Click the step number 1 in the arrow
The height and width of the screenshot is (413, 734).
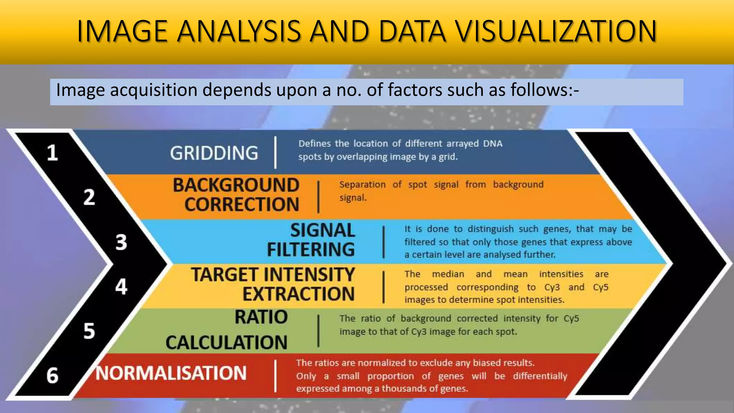(53, 153)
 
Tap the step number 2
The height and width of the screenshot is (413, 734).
(89, 198)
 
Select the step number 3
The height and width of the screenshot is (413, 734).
(121, 242)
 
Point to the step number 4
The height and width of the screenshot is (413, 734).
(121, 287)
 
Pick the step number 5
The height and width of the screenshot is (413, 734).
(89, 331)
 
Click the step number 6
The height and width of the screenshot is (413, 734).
(53, 376)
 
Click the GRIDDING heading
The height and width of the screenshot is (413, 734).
(214, 153)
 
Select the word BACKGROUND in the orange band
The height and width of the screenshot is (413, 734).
(236, 185)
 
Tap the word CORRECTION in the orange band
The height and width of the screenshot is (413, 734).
(242, 205)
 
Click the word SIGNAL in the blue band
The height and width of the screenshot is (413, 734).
(323, 230)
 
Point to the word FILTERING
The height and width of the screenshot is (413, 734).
(311, 250)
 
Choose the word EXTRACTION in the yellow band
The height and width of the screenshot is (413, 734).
(299, 294)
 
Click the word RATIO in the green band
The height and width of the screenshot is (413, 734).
(261, 317)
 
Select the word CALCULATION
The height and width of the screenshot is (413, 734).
(227, 342)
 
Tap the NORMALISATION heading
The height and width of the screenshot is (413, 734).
(171, 373)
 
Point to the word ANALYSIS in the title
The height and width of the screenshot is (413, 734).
(238, 31)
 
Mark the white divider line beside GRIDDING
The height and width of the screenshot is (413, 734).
(275, 152)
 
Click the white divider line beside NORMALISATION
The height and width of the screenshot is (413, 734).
(275, 376)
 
